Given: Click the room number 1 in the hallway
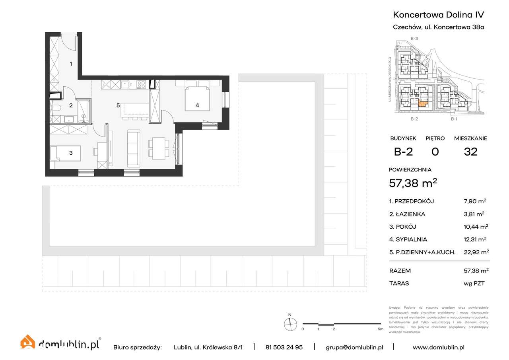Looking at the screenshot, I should (71, 64).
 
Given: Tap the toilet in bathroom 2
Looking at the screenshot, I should (55, 107).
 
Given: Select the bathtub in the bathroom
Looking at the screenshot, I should (84, 111).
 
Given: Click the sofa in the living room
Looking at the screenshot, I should (133, 148).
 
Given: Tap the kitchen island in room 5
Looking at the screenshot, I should (135, 110).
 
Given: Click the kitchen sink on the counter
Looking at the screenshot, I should (125, 84).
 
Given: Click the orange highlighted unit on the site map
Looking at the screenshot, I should (423, 104).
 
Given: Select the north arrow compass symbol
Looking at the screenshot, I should (290, 324).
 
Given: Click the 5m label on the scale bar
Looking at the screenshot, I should (380, 329).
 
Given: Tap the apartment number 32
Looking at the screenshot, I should (470, 152).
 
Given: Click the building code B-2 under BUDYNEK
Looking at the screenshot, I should (403, 152).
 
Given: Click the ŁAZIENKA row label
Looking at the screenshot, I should (407, 214).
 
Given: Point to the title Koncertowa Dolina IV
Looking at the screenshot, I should (438, 15).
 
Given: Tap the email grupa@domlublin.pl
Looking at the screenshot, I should (354, 347).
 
